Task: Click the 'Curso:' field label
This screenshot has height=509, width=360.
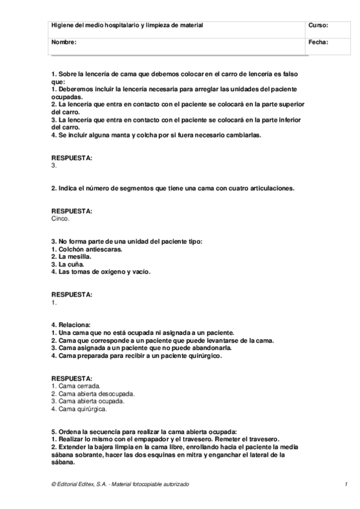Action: [318, 25]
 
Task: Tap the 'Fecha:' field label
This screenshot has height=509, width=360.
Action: [318, 43]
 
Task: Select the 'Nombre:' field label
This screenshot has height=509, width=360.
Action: [64, 43]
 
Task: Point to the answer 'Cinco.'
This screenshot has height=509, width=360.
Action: [61, 218]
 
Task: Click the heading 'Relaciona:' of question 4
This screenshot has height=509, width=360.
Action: [75, 325]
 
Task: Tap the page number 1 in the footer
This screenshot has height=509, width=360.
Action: [347, 484]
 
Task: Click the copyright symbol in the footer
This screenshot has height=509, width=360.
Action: [53, 484]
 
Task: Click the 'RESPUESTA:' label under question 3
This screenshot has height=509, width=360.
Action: [72, 295]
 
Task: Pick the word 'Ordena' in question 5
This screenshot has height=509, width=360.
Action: [69, 432]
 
